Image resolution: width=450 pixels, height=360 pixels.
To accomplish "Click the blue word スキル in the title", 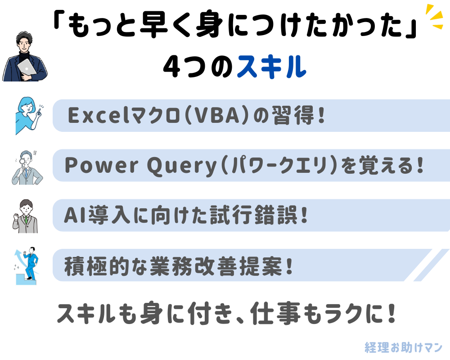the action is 271,67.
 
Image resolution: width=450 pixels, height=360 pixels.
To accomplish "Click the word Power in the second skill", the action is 102,165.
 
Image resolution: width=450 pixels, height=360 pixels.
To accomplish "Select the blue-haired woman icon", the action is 28,115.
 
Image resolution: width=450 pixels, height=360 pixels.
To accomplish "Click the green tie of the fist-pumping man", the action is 26,220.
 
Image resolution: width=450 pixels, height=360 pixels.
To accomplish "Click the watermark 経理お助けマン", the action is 404,347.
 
